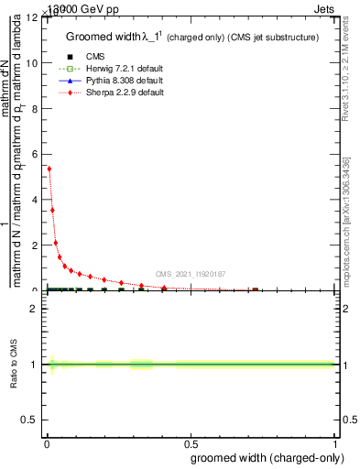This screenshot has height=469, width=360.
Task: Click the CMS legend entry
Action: tap(94, 57)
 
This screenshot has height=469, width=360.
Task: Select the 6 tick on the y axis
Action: tap(36, 154)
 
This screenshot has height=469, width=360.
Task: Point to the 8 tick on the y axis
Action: tap(36, 108)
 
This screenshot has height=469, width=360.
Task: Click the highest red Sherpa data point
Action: tap(49, 169)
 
